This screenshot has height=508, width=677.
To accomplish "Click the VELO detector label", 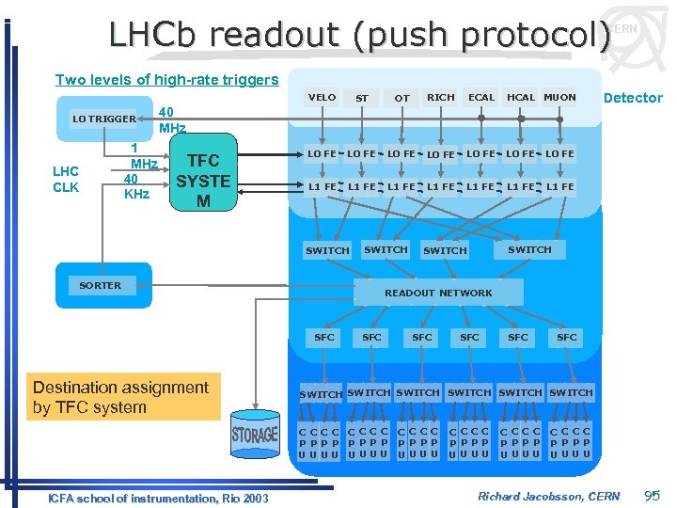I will (x=322, y=97).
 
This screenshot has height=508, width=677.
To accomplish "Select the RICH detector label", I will (x=440, y=97).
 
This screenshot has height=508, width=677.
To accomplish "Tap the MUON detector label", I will (x=559, y=97).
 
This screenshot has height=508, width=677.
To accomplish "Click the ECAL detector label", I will (x=481, y=97).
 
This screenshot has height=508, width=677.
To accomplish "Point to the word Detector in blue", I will (x=633, y=98).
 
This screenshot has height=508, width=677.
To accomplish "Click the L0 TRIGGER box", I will (x=104, y=119).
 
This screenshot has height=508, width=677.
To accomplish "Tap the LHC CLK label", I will (x=65, y=179).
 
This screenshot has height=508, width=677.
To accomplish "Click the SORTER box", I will (x=101, y=285).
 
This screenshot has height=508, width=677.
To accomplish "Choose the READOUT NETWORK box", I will (x=438, y=293).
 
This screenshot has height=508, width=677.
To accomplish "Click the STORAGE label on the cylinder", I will (x=255, y=435).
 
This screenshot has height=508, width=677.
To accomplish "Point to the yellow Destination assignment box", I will (x=120, y=397).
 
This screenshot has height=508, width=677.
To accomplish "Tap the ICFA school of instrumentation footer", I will (x=158, y=498).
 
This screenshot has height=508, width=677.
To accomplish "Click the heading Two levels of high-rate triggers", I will (x=166, y=80).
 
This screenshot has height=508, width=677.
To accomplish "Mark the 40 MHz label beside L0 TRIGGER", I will (x=172, y=119).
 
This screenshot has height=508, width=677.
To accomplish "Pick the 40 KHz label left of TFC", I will (x=137, y=186).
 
